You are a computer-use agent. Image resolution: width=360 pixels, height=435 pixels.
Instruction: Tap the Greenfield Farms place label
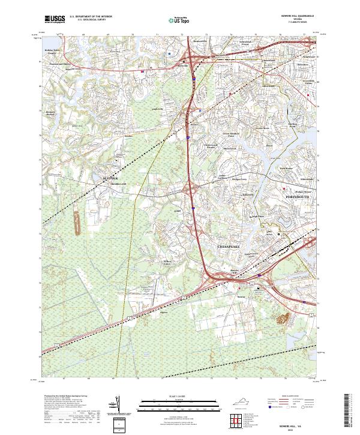pos(307,81)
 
